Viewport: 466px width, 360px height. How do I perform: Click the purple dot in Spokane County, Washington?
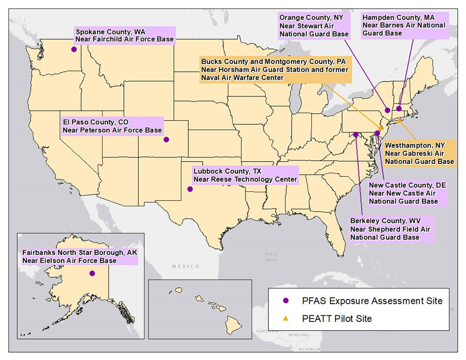[74, 49]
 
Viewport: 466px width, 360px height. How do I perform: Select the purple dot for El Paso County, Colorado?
[166, 139]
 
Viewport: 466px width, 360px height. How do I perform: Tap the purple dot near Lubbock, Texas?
[190, 189]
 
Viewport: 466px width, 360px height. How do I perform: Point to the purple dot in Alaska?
[92, 273]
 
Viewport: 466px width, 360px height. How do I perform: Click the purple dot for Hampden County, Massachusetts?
[399, 109]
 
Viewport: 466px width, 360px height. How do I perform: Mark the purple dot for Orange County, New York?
[387, 110]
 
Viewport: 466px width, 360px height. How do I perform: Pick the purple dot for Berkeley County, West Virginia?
[356, 134]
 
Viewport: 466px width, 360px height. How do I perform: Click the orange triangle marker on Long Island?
[399, 121]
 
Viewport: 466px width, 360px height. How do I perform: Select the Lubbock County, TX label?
[245, 175]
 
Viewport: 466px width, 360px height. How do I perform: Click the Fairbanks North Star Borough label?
[80, 257]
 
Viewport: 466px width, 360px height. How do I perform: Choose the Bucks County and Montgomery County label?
[274, 70]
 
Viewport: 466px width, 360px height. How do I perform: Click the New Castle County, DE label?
[407, 193]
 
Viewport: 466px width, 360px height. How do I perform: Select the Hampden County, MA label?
[404, 25]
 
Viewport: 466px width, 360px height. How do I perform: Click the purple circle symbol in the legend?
[286, 301]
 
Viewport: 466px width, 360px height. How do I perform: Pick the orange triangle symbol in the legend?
[286, 319]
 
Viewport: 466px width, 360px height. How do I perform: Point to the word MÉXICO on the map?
[185, 266]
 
